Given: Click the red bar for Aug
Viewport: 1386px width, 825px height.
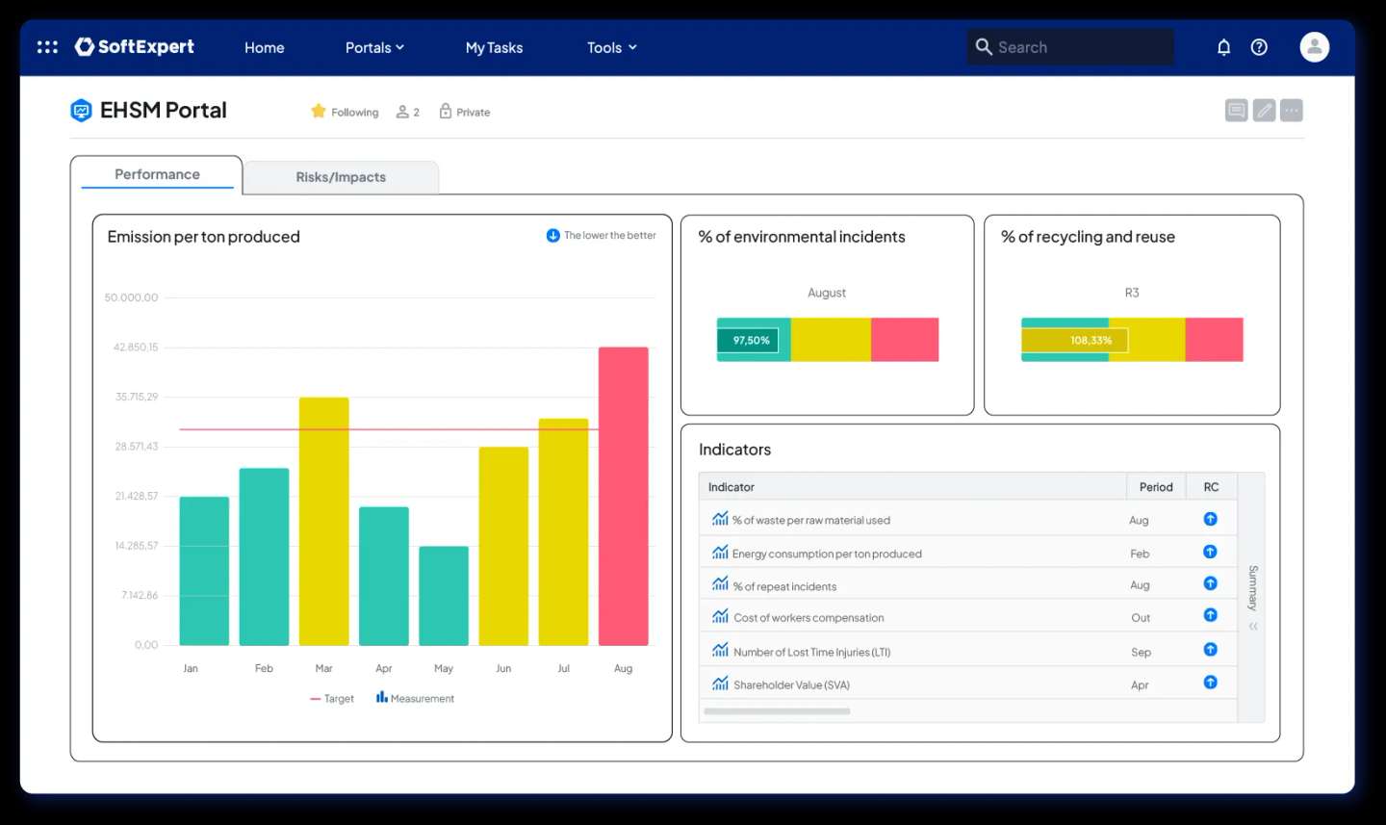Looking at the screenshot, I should [x=623, y=496].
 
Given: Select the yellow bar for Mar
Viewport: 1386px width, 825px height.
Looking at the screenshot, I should [x=323, y=521].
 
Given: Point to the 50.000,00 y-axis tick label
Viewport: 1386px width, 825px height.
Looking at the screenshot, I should [x=131, y=297].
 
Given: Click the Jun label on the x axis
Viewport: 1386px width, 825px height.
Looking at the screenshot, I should [x=503, y=668].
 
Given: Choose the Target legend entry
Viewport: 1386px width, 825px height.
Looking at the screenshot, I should [x=332, y=699].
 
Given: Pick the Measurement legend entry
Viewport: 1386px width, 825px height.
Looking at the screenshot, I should [x=415, y=698].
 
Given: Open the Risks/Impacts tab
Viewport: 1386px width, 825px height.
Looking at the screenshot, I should [x=341, y=177].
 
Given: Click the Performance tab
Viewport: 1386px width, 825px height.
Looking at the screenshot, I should [x=157, y=174].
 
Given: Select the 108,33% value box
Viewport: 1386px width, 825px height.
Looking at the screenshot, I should [x=1091, y=340].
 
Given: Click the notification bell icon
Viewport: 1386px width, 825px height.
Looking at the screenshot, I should [x=1223, y=47].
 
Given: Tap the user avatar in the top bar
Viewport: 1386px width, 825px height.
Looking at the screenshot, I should [x=1314, y=47].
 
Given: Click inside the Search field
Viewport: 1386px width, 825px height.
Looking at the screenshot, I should [x=1078, y=47].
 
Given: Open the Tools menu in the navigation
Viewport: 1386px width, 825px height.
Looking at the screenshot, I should [x=611, y=47].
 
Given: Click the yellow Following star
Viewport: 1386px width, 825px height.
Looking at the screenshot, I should [x=319, y=112].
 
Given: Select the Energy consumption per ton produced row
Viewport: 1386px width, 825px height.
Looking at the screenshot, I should [x=827, y=554].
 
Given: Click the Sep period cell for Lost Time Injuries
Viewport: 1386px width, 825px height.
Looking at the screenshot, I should [x=1141, y=652].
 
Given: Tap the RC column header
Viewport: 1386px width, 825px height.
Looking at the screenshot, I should [x=1211, y=487].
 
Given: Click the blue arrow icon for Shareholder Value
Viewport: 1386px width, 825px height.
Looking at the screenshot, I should [x=1210, y=683].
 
